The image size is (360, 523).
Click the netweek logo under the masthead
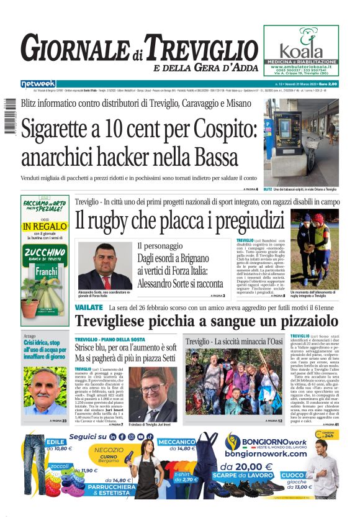(x=38, y=83)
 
